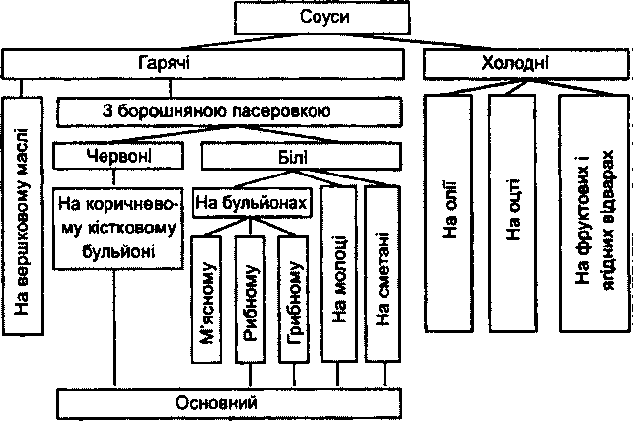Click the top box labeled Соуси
[x=321, y=18]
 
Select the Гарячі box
[x=203, y=64]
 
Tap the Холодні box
[x=527, y=64]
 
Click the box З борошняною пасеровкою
[x=230, y=111]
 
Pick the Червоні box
[x=118, y=156]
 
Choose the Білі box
[x=302, y=156]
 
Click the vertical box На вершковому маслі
[x=23, y=216]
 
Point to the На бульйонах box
[x=251, y=203]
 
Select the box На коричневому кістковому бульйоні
[x=118, y=228]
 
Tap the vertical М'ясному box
[x=207, y=299]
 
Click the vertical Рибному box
[x=250, y=299]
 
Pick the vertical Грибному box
[x=294, y=299]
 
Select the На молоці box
[x=339, y=274]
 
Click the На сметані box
[x=383, y=274]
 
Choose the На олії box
[x=449, y=213]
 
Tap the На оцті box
[x=513, y=213]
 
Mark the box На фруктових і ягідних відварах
[x=595, y=213]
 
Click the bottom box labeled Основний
[x=230, y=403]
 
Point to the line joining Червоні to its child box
[x=114, y=178]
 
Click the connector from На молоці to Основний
[x=337, y=376]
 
